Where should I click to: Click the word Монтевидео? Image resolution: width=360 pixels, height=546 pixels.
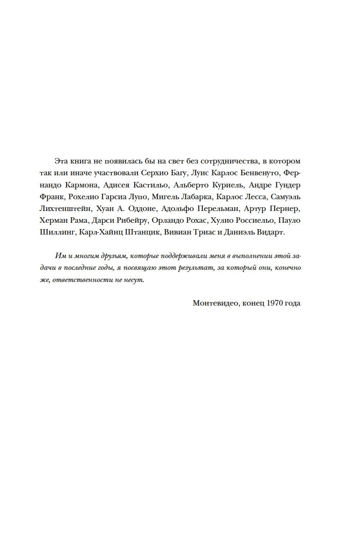click(x=213, y=303)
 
